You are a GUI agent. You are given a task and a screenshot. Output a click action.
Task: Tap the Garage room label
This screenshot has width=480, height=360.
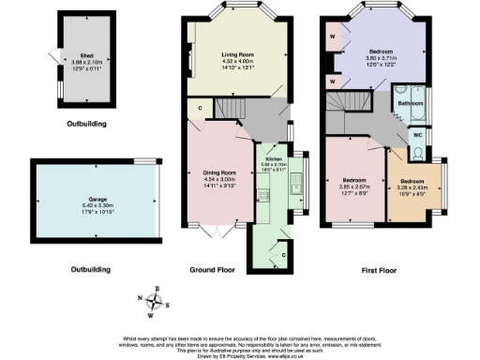(x=92, y=197)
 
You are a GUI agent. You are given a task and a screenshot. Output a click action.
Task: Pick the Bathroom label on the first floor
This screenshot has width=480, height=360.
(x=409, y=102)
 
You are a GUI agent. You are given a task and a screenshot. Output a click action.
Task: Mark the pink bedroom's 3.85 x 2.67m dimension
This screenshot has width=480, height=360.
(x=357, y=186)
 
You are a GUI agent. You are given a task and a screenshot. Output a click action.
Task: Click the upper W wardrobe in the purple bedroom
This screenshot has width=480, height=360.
(x=333, y=38)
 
